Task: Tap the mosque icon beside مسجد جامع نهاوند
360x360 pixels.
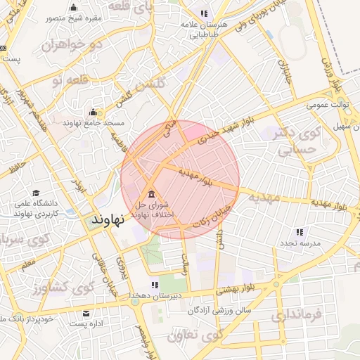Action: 93,112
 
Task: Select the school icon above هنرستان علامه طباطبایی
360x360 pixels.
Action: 203,13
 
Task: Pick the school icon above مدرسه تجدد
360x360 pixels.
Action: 300,231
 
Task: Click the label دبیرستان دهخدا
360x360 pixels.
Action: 155,296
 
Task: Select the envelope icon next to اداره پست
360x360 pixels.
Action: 86,313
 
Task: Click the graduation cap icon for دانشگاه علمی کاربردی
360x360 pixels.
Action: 20,193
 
